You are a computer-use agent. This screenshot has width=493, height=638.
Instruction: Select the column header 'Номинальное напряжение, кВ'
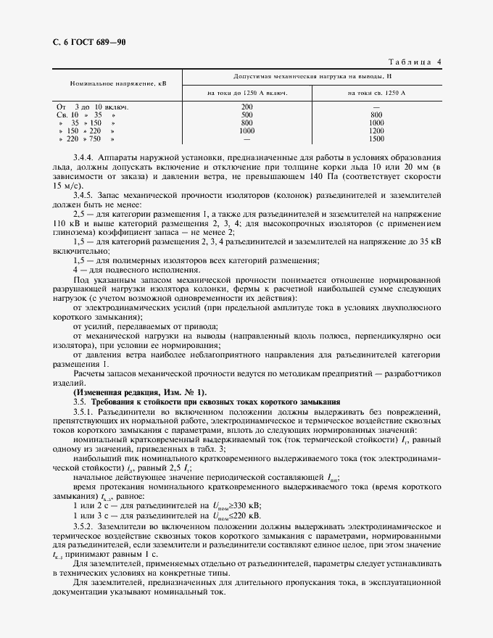pos(118,84)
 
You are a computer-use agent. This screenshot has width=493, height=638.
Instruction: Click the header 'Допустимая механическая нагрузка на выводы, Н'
pos(312,75)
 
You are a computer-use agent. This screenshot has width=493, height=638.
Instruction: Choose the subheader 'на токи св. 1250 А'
pos(376,94)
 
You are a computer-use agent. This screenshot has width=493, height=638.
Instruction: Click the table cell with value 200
pos(246,107)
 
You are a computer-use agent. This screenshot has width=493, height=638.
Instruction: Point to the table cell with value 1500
pos(376,138)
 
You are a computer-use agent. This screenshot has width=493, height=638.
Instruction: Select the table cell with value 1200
pos(376,130)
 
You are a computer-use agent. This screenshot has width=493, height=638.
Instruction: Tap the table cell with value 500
pos(246,115)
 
